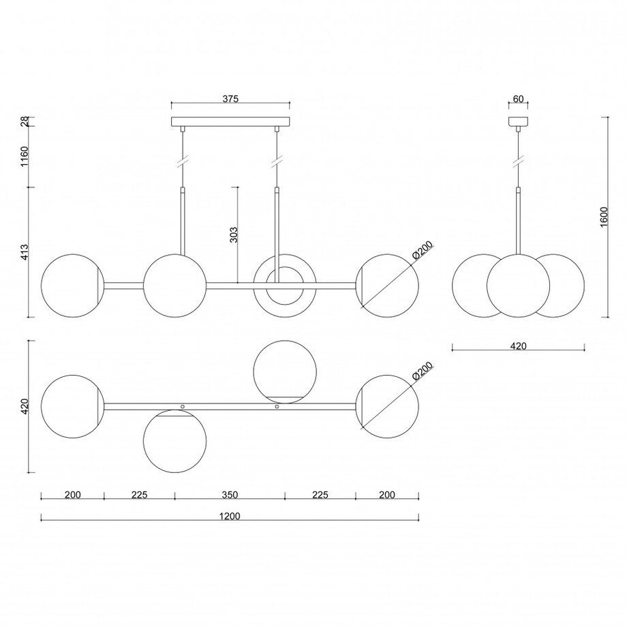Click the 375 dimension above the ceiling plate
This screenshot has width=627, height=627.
(x=230, y=99)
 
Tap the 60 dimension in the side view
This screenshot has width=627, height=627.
(x=518, y=99)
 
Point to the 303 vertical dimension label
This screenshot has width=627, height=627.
(x=234, y=234)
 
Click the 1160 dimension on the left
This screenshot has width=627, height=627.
(x=25, y=157)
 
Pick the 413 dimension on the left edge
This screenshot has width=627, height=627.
(x=25, y=252)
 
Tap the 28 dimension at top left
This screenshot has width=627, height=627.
(x=25, y=121)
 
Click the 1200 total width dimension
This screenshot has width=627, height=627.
(x=230, y=516)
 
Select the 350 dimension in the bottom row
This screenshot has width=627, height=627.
(x=230, y=495)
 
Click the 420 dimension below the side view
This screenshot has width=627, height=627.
(x=518, y=346)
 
